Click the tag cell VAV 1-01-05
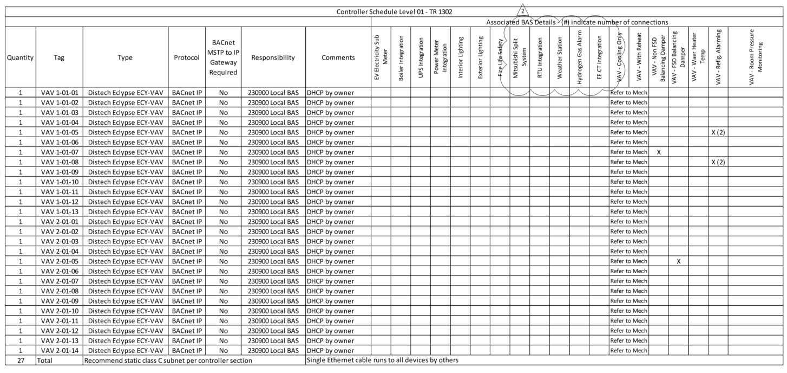pyautogui.click(x=60, y=132)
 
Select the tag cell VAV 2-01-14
pyautogui.click(x=60, y=350)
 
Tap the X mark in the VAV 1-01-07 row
pyautogui.click(x=659, y=152)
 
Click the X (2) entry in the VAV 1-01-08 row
pyautogui.click(x=718, y=162)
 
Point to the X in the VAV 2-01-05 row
pyautogui.click(x=678, y=261)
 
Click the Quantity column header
pyautogui.click(x=21, y=57)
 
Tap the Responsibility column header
pyautogui.click(x=273, y=57)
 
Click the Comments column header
pyautogui.click(x=338, y=57)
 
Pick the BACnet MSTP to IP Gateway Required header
pyautogui.click(x=224, y=57)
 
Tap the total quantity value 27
pyautogui.click(x=21, y=360)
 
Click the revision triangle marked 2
pyautogui.click(x=522, y=11)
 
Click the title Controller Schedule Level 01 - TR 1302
pyautogui.click(x=394, y=12)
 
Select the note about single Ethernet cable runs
pyautogui.click(x=382, y=360)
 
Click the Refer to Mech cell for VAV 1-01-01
pyautogui.click(x=628, y=93)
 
